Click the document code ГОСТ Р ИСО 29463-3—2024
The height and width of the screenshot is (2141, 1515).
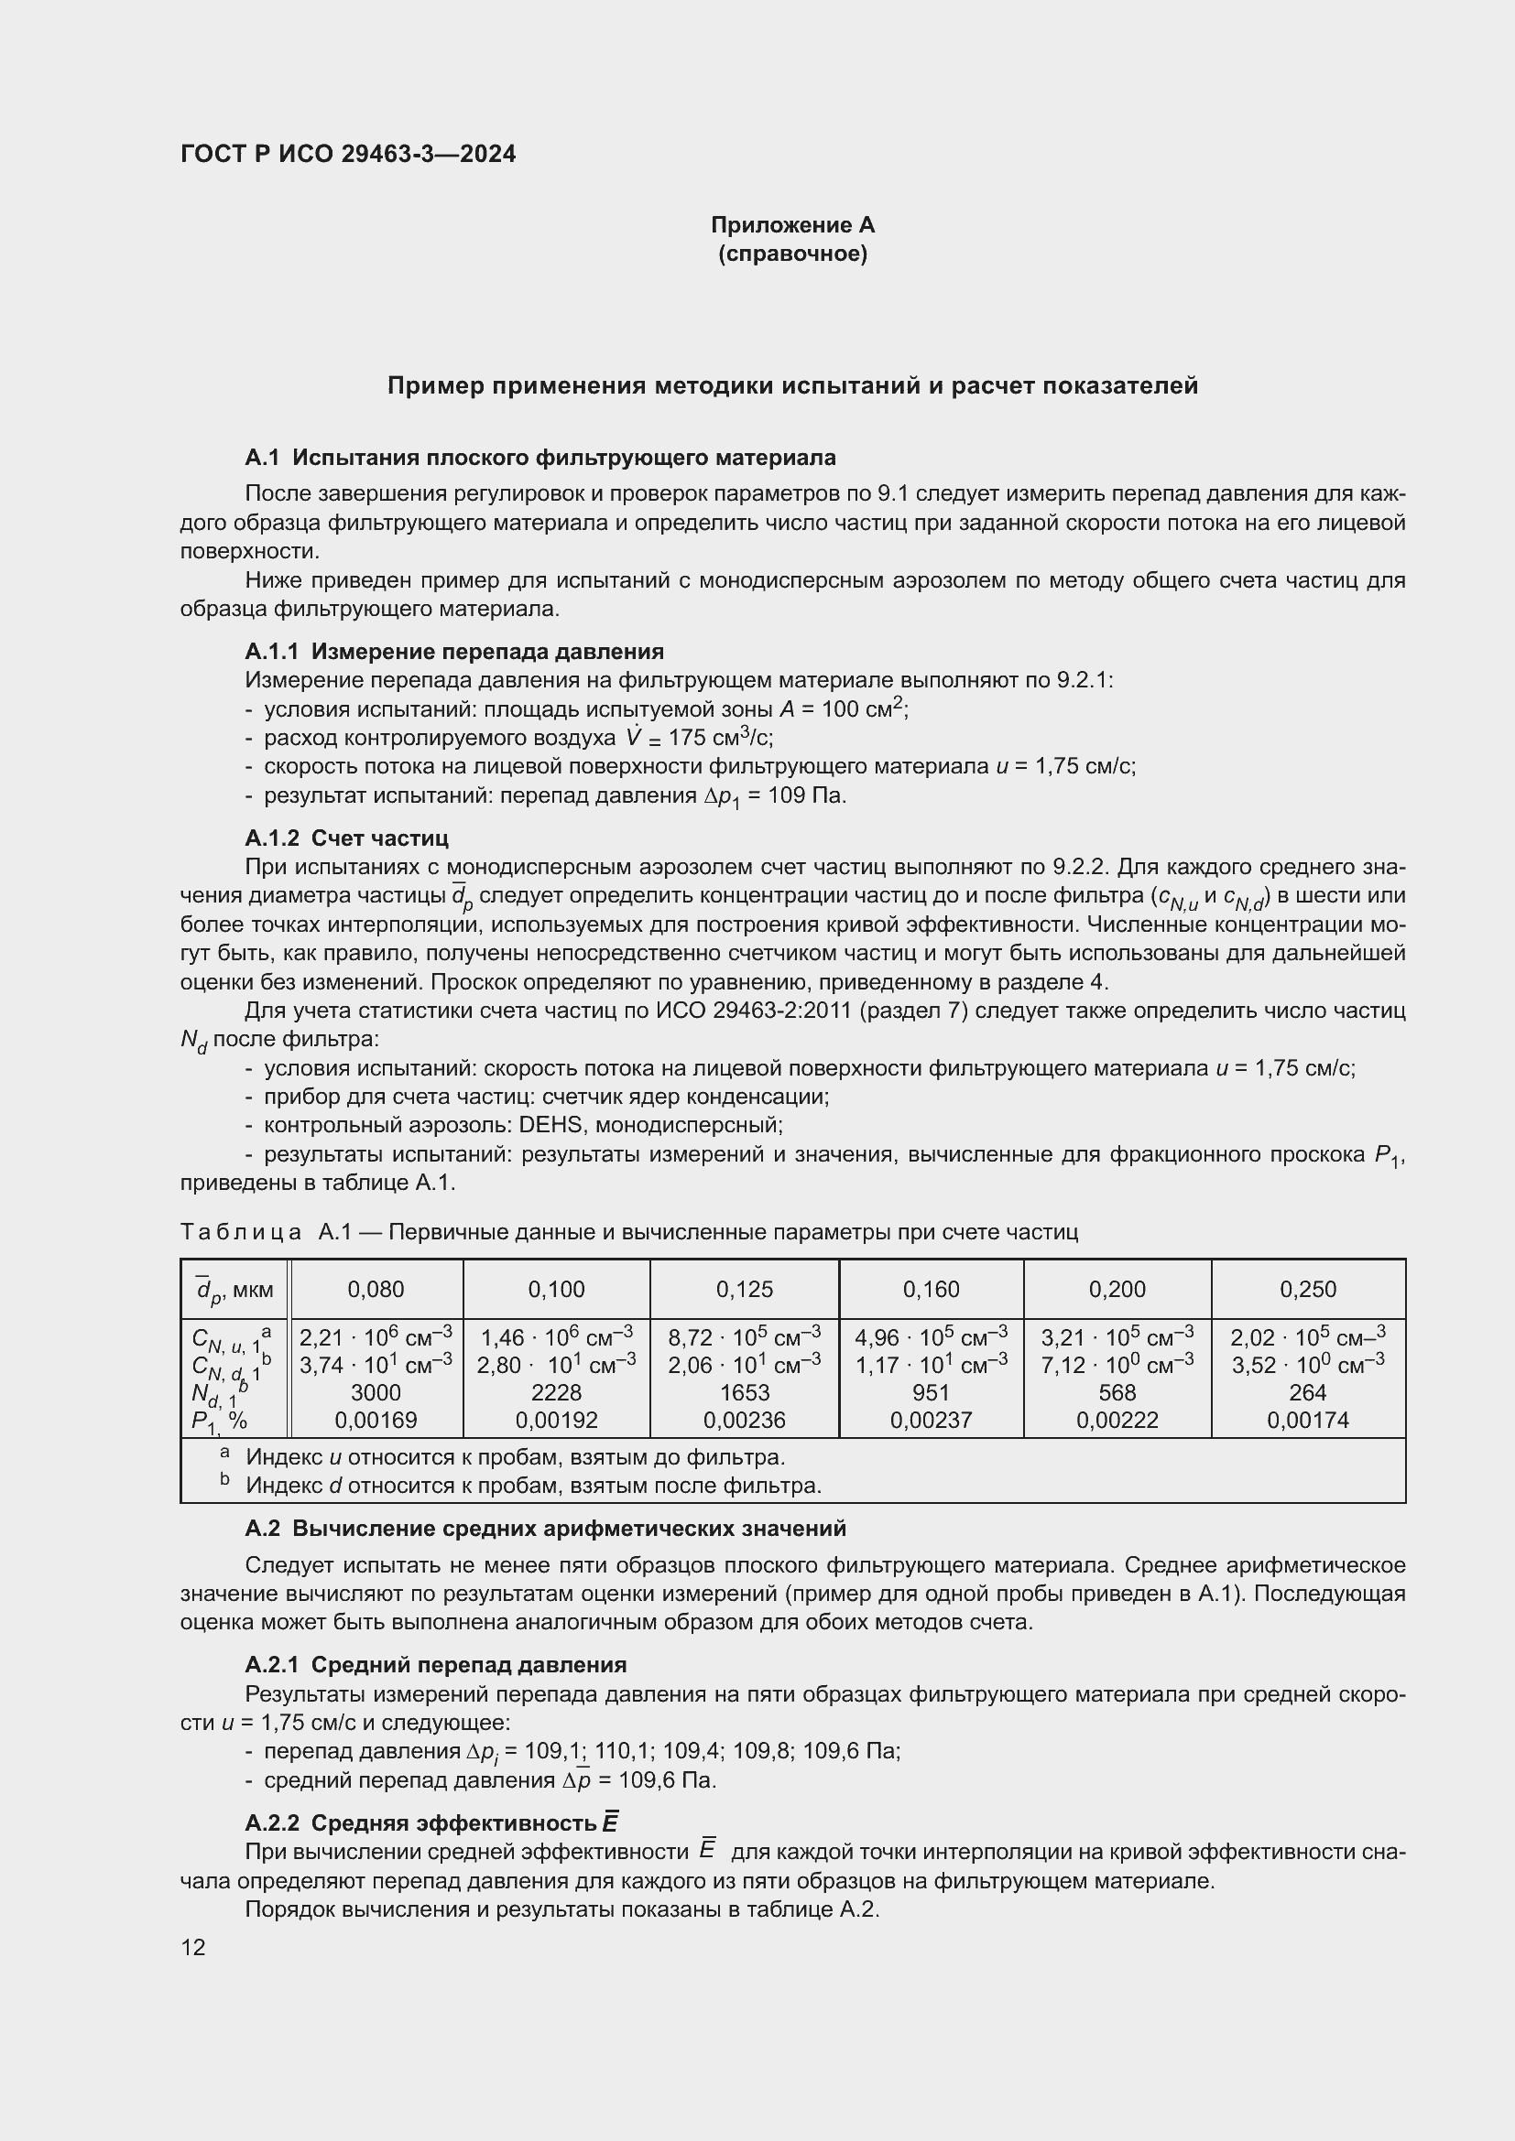click(x=347, y=155)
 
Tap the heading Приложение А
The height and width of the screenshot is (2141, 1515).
click(x=792, y=225)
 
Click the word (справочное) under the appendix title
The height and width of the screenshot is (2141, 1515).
click(x=792, y=254)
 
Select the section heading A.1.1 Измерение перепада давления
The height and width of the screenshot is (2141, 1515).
click(x=454, y=651)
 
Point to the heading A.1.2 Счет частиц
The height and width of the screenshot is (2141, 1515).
click(x=346, y=838)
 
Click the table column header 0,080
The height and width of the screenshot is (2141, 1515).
click(x=376, y=1290)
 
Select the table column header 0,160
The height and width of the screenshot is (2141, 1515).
click(x=931, y=1290)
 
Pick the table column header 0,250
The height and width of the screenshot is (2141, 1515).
click(x=1308, y=1290)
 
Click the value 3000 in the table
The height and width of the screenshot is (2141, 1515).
click(x=376, y=1392)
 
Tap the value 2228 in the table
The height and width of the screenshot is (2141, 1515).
click(x=556, y=1392)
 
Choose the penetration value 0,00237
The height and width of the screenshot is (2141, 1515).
click(x=931, y=1421)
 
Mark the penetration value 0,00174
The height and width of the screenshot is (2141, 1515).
click(x=1308, y=1421)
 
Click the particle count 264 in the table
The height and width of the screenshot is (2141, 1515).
click(x=1308, y=1392)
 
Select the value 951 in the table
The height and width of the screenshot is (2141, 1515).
click(x=931, y=1392)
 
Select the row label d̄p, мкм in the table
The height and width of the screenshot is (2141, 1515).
click(x=235, y=1290)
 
